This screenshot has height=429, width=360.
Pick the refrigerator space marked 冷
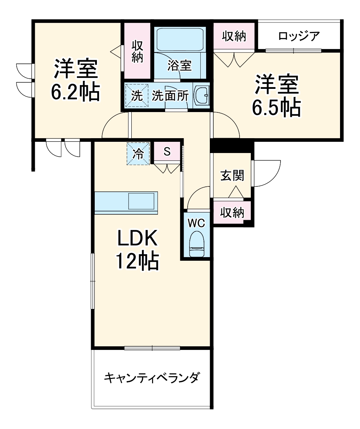[x=138, y=153]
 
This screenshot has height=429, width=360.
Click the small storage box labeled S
[x=167, y=152]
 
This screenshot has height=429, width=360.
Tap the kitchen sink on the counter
[x=142, y=201]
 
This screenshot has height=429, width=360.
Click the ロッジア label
[x=299, y=36]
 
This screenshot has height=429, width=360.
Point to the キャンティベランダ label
[x=151, y=378]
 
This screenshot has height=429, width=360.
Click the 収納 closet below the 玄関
[x=232, y=213]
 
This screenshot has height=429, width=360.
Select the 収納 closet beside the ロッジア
[x=234, y=36]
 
